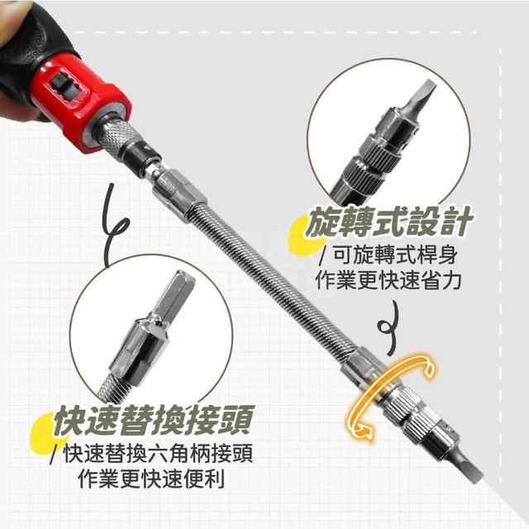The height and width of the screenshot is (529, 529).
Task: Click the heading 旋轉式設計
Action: click(388, 221)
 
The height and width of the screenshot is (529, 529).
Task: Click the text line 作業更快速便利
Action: click(151, 479)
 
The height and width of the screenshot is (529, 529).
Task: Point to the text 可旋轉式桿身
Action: click(395, 255)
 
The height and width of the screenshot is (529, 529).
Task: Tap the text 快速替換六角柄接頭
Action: click(158, 454)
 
